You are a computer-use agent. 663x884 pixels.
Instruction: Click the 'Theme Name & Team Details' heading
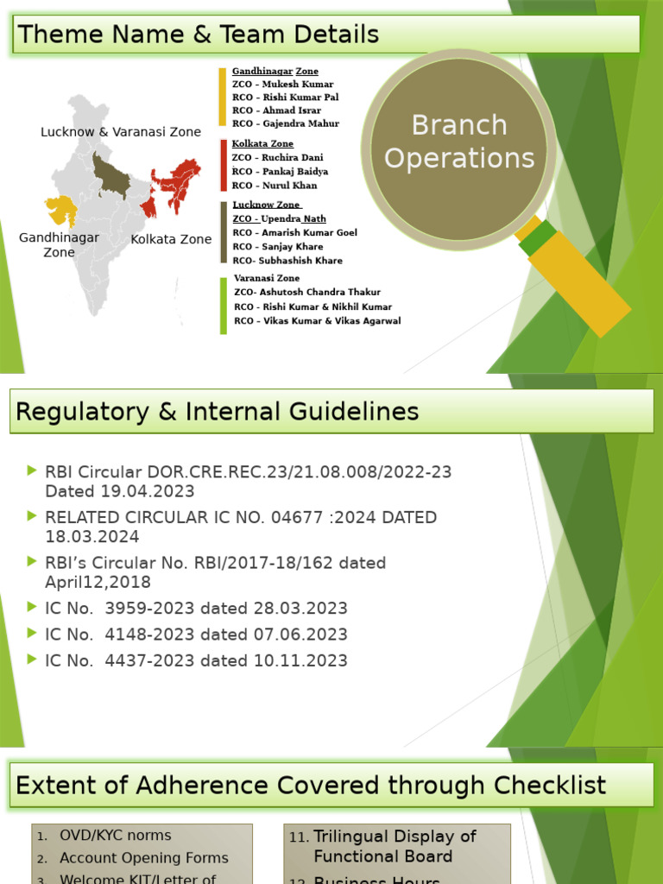point(199,35)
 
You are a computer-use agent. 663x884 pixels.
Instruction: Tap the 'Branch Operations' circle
point(459,142)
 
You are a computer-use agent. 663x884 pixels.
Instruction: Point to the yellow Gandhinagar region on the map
point(60,207)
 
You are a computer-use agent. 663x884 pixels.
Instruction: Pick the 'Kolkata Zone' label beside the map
point(171,239)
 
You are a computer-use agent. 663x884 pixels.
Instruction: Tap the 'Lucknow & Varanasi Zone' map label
point(121,132)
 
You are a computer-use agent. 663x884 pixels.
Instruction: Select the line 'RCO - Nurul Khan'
point(275,185)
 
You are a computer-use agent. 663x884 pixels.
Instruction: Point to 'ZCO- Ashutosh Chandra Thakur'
point(307,292)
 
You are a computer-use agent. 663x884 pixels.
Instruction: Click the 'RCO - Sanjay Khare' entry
point(278,246)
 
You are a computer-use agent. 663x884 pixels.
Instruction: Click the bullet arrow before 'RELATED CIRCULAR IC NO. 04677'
point(33,515)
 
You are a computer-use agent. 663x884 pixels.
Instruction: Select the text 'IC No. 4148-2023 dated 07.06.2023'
point(196,635)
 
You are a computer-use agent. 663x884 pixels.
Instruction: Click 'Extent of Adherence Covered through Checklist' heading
point(311,786)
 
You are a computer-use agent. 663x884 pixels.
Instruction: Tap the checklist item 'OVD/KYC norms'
point(115,836)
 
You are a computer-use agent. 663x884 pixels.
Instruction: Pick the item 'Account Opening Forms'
point(143,858)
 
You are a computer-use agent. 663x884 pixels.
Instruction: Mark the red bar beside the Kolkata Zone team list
point(224,165)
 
